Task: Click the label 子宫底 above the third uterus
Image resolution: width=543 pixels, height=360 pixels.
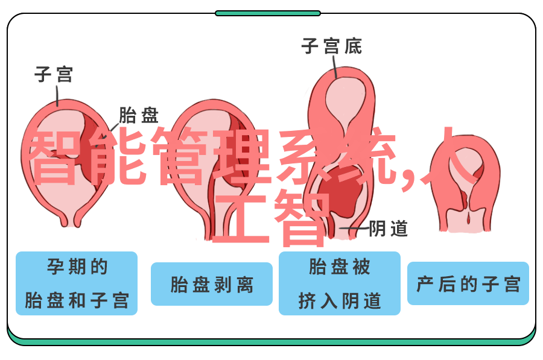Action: coord(331,46)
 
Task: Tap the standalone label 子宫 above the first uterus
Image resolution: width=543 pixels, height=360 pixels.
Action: coord(54,74)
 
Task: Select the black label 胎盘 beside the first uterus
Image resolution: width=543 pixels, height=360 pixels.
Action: coord(139,115)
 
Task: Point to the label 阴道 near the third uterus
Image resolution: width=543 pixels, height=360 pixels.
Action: coord(388,229)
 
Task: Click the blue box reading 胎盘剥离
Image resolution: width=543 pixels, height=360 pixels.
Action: coord(212,284)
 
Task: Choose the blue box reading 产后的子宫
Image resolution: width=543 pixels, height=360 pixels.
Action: coord(468,283)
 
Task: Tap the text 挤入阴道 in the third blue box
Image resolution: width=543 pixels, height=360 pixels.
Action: coord(339,300)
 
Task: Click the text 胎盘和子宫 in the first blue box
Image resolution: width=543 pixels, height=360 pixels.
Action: coord(77,300)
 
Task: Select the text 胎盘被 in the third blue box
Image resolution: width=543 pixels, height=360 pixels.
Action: coord(339,267)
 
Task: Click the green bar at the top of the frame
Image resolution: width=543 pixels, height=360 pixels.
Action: coord(268,13)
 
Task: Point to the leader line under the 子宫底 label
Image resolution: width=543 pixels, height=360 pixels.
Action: coord(334,66)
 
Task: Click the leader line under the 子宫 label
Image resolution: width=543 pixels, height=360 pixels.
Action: coord(57,95)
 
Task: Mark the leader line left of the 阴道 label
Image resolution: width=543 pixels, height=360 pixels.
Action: coord(354,228)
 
